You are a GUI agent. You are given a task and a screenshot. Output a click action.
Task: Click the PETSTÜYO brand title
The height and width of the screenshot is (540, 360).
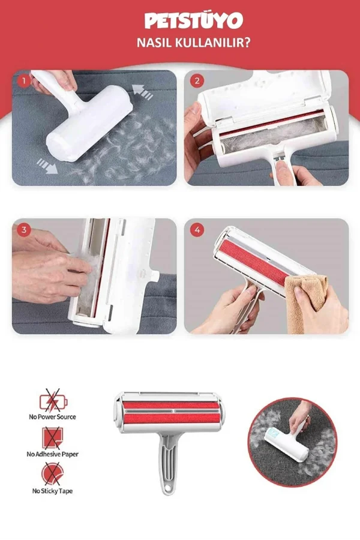[x=194, y=21]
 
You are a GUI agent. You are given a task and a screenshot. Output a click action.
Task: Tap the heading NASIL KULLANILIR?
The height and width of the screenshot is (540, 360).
[x=193, y=43]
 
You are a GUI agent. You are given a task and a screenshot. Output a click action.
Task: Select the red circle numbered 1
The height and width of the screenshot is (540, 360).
[x=24, y=81]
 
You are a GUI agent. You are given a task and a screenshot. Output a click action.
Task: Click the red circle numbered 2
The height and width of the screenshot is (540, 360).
[x=197, y=81]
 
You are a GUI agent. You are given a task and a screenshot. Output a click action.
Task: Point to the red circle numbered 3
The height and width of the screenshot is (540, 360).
[x=24, y=230]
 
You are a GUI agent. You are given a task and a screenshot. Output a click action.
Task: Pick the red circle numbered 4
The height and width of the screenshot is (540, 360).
[x=197, y=230]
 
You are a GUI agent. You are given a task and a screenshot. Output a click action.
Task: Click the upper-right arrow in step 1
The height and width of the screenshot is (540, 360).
[x=142, y=92]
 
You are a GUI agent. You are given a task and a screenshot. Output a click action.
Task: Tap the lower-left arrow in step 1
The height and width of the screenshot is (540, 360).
[x=47, y=166]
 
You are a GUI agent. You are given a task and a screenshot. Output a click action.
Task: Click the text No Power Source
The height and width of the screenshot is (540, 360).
[x=52, y=417]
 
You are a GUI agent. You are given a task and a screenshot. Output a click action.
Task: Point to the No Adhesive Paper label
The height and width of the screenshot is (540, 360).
[x=52, y=454]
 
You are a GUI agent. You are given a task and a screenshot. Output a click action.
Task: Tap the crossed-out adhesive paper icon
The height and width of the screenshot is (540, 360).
[x=52, y=437]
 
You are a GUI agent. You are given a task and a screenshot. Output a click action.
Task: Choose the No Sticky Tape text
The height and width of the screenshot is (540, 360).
[x=52, y=491]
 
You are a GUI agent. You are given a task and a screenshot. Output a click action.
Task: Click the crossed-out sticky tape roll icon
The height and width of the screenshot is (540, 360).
[x=52, y=474]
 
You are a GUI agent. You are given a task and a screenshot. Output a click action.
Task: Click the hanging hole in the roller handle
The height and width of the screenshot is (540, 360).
[x=168, y=488]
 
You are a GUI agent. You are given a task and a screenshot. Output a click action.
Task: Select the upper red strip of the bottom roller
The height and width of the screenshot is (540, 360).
[x=171, y=405]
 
